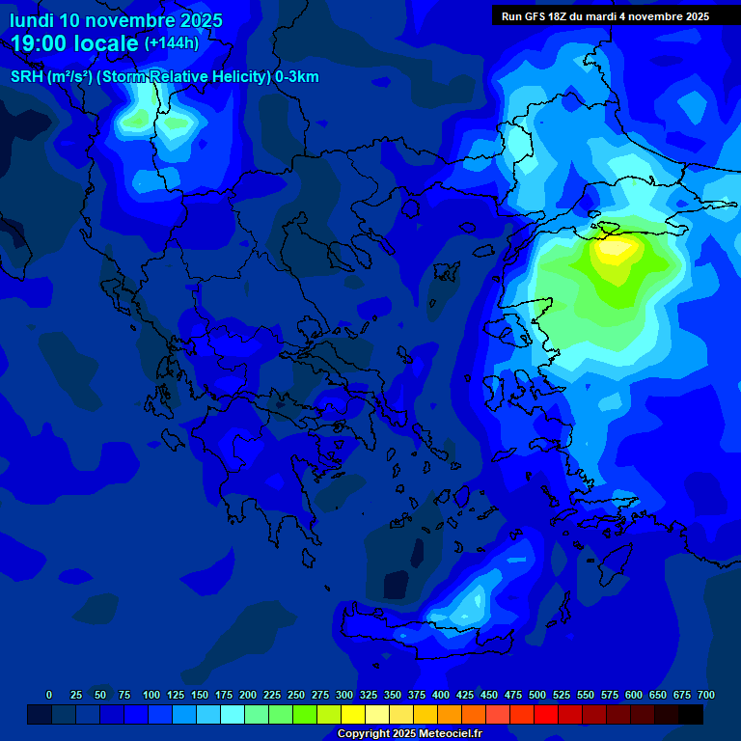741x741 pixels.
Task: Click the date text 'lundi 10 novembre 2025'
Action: pos(116,20)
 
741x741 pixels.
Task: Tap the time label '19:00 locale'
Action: pos(75,43)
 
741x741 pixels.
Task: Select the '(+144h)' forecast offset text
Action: pos(172,43)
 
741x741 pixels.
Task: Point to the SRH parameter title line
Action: pos(165,77)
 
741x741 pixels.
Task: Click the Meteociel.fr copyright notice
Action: pos(409,734)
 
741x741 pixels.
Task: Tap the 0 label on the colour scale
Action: pos(49,695)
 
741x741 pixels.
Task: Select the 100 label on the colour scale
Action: pos(151,695)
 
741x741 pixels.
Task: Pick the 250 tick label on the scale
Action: pos(296,695)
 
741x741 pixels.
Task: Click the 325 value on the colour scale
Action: pos(369,695)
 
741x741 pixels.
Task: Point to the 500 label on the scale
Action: pos(537,695)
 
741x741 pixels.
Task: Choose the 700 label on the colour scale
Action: pos(706,695)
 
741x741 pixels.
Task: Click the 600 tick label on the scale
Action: pos(634,695)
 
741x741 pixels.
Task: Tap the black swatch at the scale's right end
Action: pos(691,715)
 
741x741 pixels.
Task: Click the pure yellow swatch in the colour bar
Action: pos(353,715)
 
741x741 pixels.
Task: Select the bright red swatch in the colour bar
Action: pos(546,715)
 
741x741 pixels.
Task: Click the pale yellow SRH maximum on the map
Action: pos(614,249)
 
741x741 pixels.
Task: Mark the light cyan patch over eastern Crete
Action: pos(469,605)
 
